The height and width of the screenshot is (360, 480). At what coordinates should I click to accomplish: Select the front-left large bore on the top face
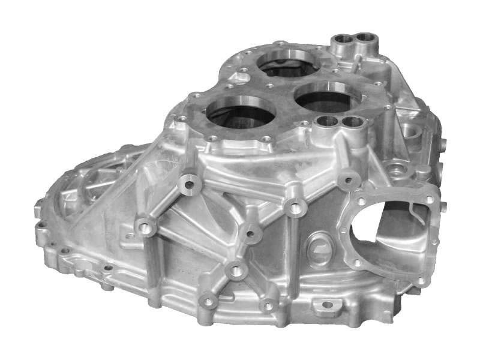[x=240, y=113]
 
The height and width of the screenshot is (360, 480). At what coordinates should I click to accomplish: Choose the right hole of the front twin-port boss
[x=353, y=122]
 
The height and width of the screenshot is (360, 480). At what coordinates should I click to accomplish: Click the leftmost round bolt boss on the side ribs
[x=146, y=227]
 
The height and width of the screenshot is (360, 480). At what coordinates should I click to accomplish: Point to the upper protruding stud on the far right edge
[x=443, y=145]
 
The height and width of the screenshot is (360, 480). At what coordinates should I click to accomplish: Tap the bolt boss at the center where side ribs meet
[x=250, y=233]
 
